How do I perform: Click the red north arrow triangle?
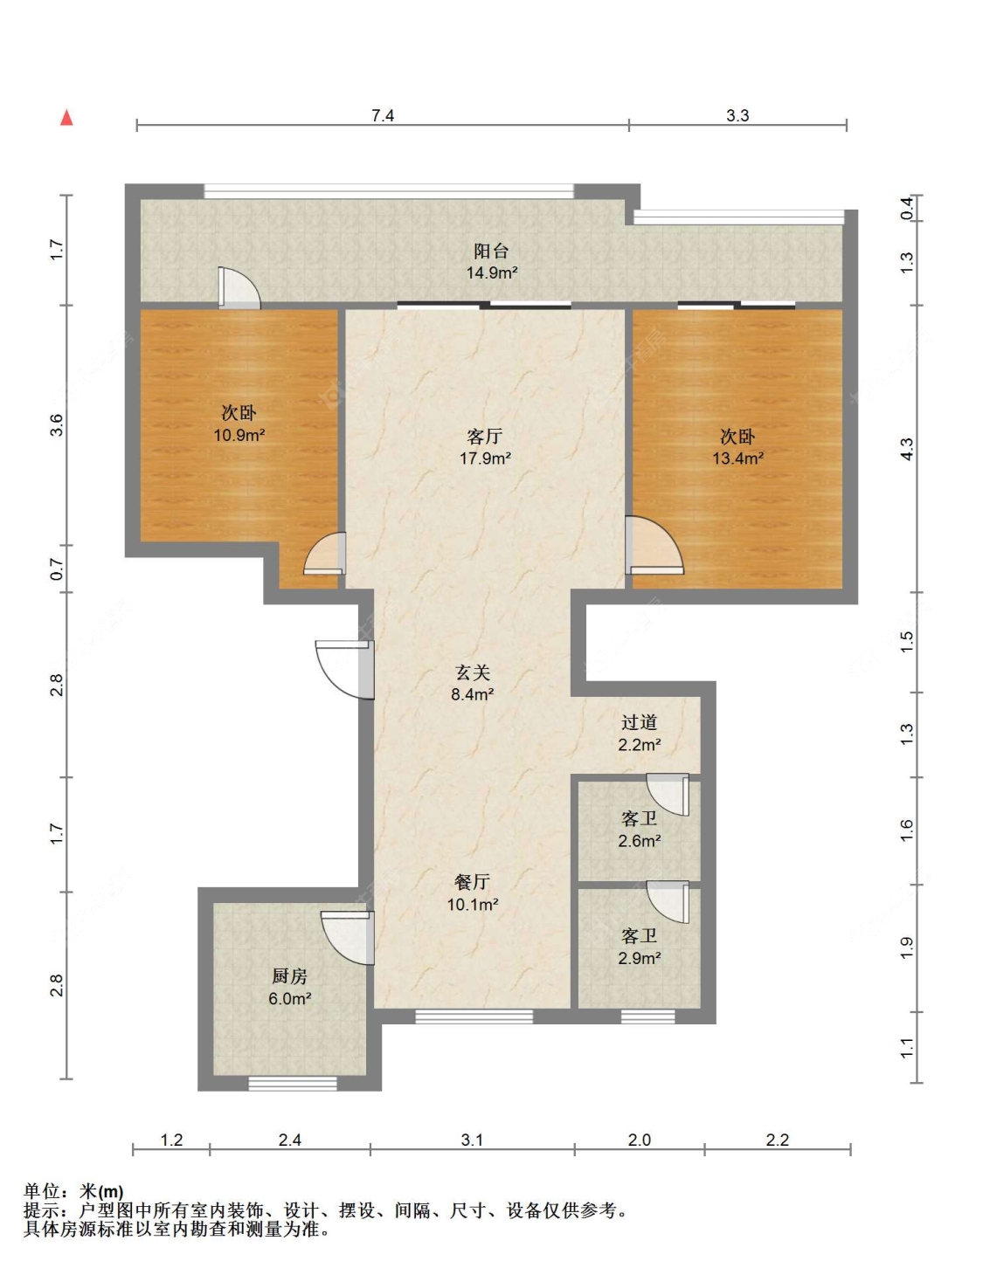[67, 118]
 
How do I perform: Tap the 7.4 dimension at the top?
[382, 115]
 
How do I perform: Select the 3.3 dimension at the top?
[737, 115]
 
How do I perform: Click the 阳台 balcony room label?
[491, 252]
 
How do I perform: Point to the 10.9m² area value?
[239, 436]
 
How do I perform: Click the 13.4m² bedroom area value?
[737, 458]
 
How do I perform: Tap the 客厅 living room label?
[485, 436]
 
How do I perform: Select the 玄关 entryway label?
[473, 672]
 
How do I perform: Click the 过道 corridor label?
[639, 722]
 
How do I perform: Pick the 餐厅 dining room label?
[473, 882]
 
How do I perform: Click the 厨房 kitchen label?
[289, 975]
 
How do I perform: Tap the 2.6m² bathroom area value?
[639, 841]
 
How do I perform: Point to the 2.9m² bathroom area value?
[639, 958]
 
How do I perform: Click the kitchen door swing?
[348, 937]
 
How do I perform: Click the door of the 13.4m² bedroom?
[654, 545]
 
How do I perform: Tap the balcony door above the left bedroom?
[239, 287]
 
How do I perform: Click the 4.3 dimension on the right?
[907, 449]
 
